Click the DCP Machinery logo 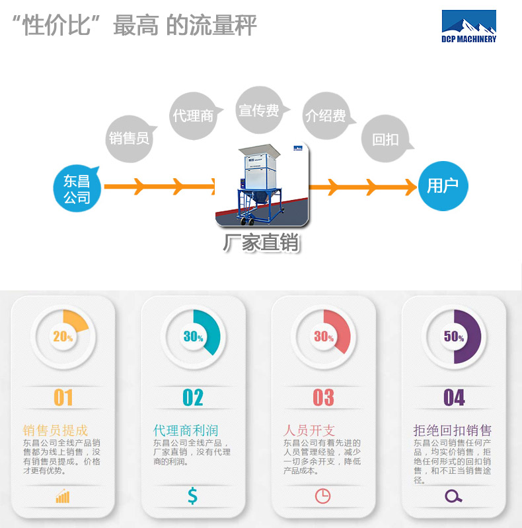click(468, 27)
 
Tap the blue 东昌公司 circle click(77, 188)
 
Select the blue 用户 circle click(443, 186)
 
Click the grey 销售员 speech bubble click(129, 138)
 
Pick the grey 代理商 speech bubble click(193, 115)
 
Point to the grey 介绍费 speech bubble click(325, 115)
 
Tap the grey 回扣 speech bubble click(385, 139)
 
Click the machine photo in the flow click(263, 185)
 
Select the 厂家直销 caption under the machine click(262, 243)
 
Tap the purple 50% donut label click(454, 337)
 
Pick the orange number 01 click(63, 397)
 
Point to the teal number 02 click(193, 397)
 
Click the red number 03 click(323, 397)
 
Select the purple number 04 click(454, 397)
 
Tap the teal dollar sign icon click(192, 496)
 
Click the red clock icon click(322, 496)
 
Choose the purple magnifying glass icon click(453, 496)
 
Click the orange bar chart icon click(63, 496)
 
